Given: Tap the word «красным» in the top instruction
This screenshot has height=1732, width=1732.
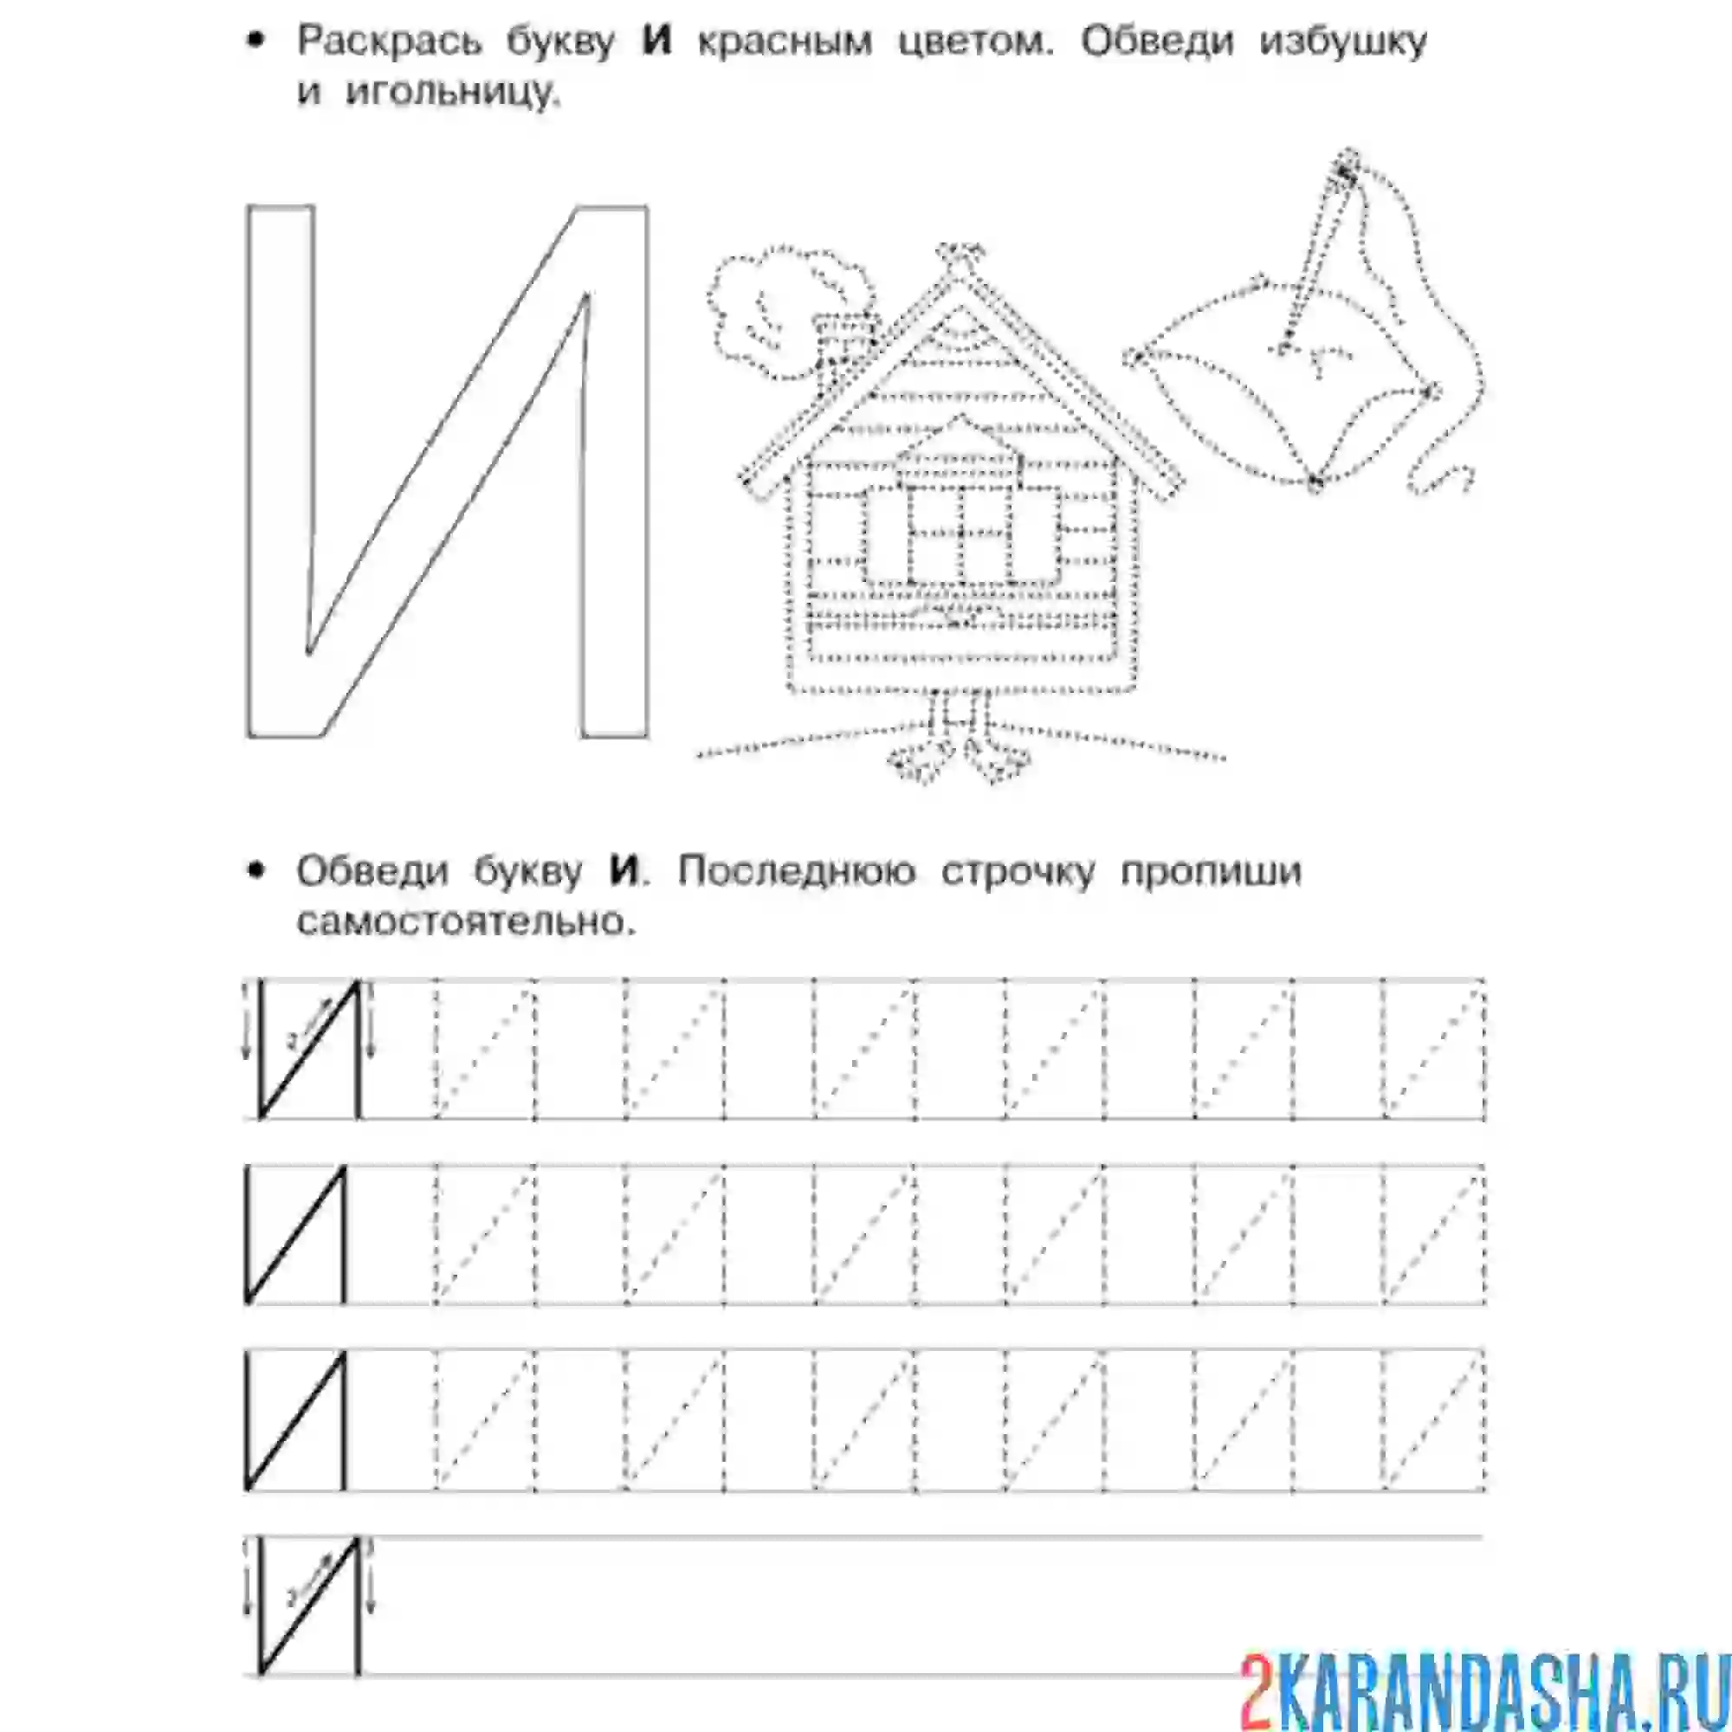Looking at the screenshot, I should coord(785,42).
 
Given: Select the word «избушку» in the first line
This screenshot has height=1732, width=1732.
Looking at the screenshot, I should coord(1343,42).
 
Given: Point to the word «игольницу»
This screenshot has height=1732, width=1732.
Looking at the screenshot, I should coord(454,94).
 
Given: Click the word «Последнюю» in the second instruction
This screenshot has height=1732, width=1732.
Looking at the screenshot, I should coord(796,871).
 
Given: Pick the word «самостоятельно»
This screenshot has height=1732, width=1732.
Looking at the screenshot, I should coord(466,921).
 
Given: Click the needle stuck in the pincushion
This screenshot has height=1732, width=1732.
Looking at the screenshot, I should coord(1316,260).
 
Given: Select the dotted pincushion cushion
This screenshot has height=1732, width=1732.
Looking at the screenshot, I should coord(1282,394).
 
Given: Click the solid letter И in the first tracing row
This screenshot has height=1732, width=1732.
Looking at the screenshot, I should coord(309,1050).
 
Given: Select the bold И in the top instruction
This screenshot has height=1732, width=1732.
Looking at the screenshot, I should coord(657,42).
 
